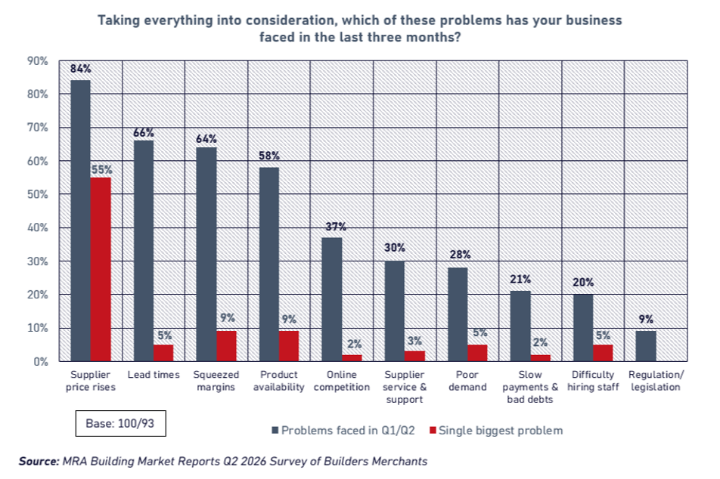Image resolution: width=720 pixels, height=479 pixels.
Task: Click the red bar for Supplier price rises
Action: tap(101, 269)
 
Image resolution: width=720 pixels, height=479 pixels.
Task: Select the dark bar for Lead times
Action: tap(144, 251)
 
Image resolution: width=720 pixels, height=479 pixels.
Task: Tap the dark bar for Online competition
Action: tap(332, 299)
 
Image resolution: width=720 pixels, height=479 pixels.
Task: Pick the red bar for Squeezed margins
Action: tap(226, 346)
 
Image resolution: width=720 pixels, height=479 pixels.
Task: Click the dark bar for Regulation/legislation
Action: tap(646, 346)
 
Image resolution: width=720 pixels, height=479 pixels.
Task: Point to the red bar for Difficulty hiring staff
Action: tap(603, 353)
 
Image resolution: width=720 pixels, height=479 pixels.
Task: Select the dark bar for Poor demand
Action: tap(458, 314)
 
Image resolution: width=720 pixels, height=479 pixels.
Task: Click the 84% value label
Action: tap(81, 69)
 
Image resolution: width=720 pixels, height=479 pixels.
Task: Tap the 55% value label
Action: tap(101, 170)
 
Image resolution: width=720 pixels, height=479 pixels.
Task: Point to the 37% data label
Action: tap(336, 227)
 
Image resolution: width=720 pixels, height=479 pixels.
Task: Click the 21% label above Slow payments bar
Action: tap(520, 280)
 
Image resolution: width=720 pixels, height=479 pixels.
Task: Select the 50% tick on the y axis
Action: tap(38, 194)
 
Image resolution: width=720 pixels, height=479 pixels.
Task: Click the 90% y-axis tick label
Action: tap(38, 61)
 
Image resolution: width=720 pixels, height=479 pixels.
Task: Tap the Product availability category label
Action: tap(279, 381)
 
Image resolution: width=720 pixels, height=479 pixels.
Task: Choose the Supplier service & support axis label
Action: tap(405, 387)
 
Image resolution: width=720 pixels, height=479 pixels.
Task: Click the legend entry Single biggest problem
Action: tap(496, 431)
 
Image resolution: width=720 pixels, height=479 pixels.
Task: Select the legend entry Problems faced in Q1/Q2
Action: tap(343, 431)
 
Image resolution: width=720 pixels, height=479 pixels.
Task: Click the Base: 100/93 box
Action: tap(120, 423)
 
